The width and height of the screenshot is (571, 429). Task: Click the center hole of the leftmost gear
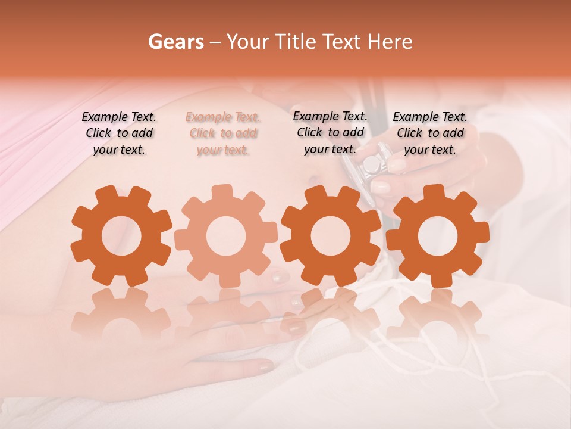[121, 237]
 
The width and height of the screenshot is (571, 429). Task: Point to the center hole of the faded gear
[226, 236]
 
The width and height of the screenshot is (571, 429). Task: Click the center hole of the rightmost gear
[438, 237]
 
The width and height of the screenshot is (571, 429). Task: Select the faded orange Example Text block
[222, 133]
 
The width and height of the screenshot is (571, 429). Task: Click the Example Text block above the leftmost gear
[119, 133]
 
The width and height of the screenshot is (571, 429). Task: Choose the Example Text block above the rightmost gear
[430, 133]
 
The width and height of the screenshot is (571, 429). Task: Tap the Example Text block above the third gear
[330, 132]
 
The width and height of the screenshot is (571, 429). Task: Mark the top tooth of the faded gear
[222, 192]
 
